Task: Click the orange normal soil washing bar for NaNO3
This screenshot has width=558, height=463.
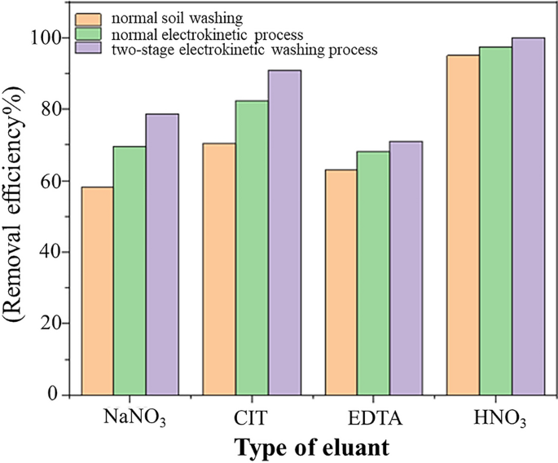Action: click(98, 291)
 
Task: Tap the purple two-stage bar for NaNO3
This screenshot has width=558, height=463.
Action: click(162, 254)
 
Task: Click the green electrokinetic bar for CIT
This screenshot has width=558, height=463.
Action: click(252, 248)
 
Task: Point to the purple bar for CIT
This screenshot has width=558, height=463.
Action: click(284, 232)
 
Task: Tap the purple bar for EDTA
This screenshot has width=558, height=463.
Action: click(406, 268)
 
